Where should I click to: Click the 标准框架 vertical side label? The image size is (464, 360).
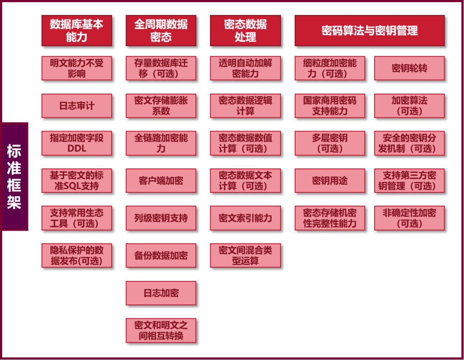point(15,177)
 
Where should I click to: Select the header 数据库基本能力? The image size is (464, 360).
point(76,31)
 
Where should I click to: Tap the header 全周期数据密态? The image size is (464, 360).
point(161,31)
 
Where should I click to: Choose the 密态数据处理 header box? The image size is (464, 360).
point(245,31)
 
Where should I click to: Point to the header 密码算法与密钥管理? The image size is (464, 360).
point(369,31)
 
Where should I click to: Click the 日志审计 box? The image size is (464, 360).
point(76,106)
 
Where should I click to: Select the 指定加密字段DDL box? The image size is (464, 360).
point(76,143)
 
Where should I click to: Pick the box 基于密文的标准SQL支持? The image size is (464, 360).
point(76,180)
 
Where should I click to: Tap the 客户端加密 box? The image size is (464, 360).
point(161,180)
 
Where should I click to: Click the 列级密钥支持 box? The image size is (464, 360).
point(161,218)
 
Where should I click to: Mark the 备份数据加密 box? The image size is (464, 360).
point(161,256)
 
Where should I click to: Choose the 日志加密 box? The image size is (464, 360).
point(161,293)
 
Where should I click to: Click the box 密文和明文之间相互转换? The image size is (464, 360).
point(161,330)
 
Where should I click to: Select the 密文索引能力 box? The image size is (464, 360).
point(245,218)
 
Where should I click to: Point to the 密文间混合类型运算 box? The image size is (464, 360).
point(245,256)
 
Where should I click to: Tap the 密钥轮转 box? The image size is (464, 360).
point(409,68)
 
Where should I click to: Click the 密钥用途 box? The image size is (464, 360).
point(330,180)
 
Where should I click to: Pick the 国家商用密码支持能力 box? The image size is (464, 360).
point(330,106)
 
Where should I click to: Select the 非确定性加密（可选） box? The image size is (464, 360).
point(409,218)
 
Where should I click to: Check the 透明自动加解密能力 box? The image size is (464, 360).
point(245,68)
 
